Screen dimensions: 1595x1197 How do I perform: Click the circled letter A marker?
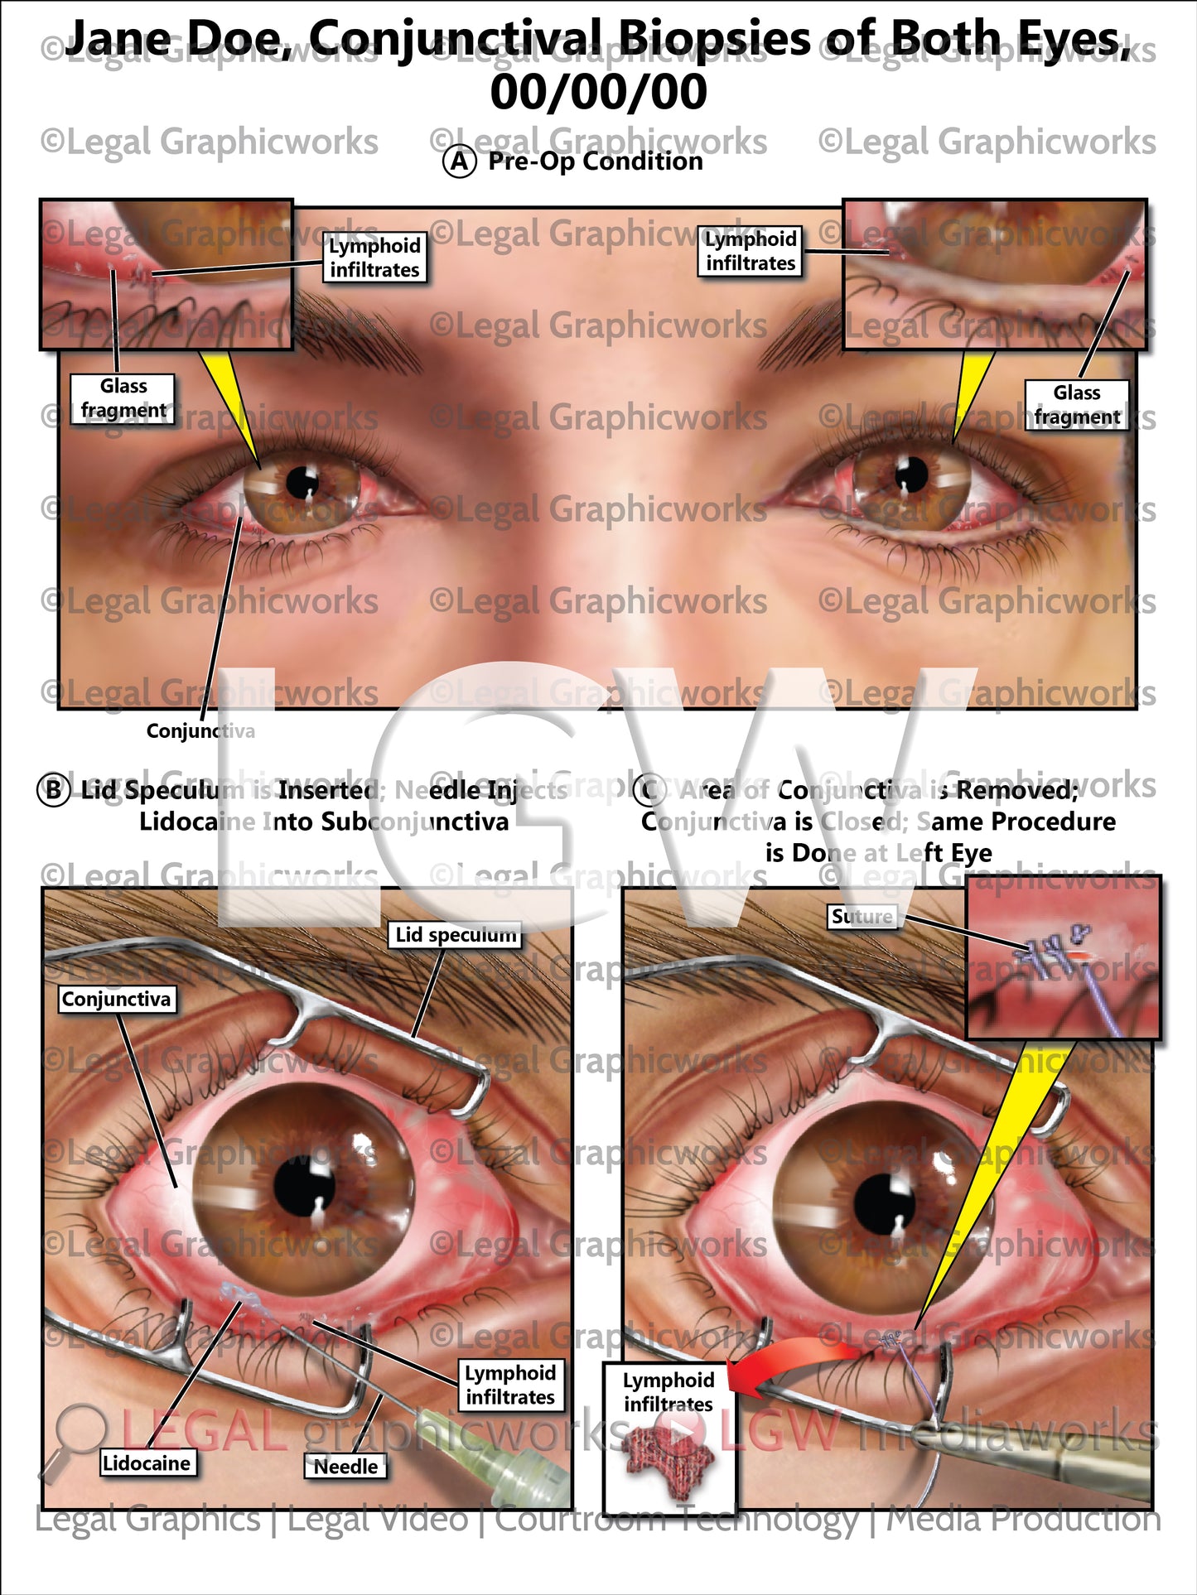[460, 161]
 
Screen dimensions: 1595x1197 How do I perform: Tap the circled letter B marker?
[53, 789]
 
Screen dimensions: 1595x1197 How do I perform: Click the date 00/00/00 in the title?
[598, 92]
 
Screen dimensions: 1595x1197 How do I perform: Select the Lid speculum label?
[455, 935]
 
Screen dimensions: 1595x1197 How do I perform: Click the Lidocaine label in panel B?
[147, 1463]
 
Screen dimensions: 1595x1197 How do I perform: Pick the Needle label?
[345, 1467]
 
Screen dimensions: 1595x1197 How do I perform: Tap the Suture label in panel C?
[862, 917]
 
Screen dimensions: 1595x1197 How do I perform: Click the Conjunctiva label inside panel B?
[116, 1000]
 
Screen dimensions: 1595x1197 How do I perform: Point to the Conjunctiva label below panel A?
[200, 730]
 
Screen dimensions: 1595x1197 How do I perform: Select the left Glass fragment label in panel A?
[123, 398]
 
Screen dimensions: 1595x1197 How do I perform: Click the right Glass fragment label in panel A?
[1076, 405]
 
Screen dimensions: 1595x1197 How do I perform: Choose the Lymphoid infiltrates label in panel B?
[510, 1385]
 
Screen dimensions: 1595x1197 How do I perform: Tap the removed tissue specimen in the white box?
[668, 1463]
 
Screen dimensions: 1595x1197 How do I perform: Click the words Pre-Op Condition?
[595, 161]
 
